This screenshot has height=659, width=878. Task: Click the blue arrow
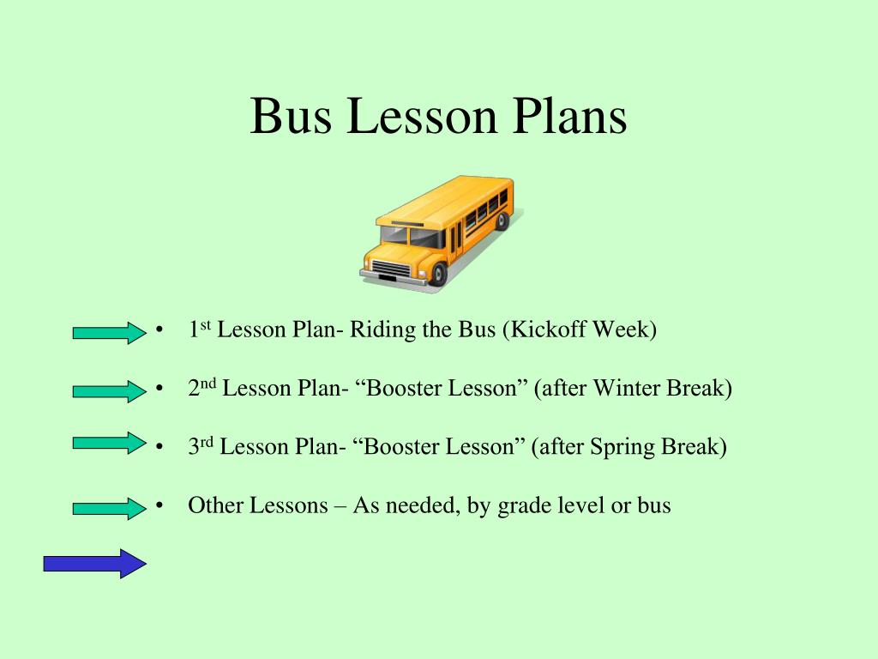click(95, 563)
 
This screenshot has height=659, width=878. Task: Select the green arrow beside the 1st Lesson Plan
click(110, 333)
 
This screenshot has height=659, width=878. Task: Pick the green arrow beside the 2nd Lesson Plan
click(110, 391)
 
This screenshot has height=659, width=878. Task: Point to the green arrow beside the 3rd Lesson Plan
click(110, 443)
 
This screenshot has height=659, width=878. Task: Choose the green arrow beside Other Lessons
click(110, 508)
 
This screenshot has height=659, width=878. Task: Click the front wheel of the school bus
click(438, 274)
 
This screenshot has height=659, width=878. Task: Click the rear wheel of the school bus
click(502, 221)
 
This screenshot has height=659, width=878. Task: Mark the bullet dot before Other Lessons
click(160, 506)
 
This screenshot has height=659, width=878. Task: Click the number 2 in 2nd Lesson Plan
click(194, 389)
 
